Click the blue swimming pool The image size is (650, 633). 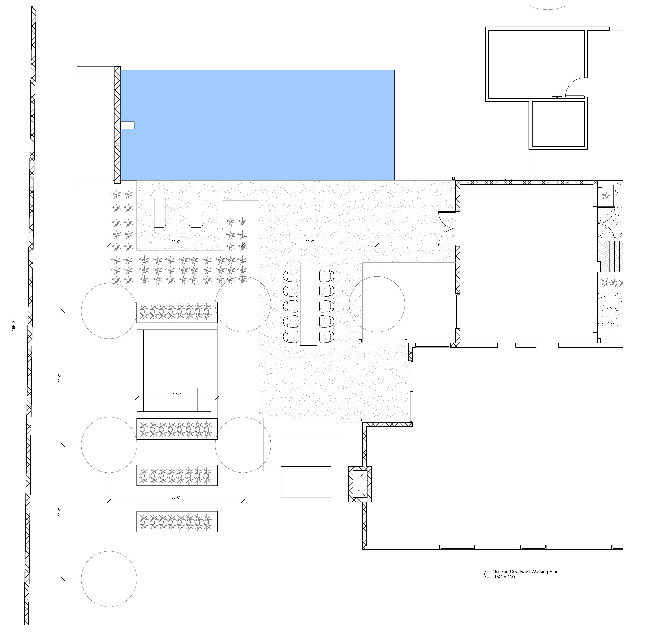point(258,125)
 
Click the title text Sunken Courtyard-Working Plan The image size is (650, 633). point(526,571)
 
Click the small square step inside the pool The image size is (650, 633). point(128,125)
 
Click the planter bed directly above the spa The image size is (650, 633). point(177,312)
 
